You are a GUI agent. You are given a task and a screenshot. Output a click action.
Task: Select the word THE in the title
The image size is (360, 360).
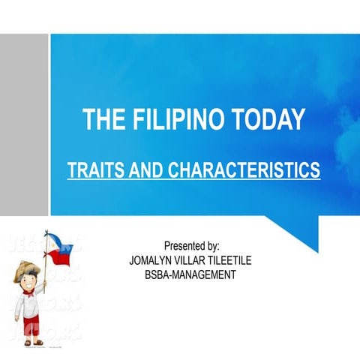(x=100, y=120)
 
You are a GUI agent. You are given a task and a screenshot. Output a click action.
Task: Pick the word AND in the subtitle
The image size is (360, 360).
(x=145, y=170)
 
